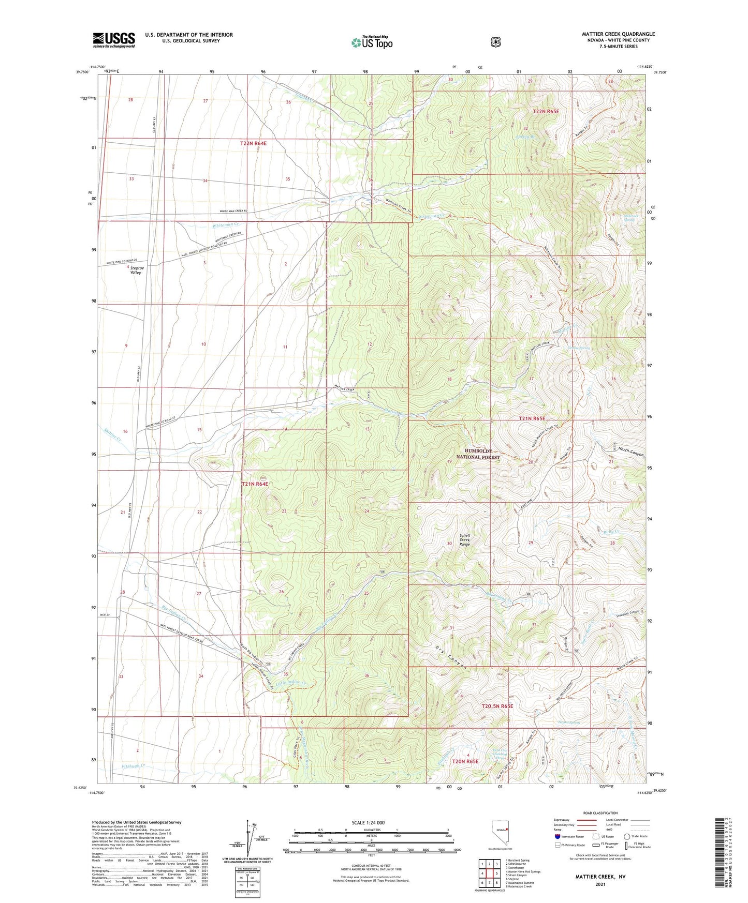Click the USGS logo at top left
pos(114,40)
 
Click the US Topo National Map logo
pos(371,42)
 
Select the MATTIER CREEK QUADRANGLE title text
pos(618,34)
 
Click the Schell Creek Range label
pos(464,540)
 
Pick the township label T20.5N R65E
pos(497,706)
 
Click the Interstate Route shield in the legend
pos(557,836)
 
